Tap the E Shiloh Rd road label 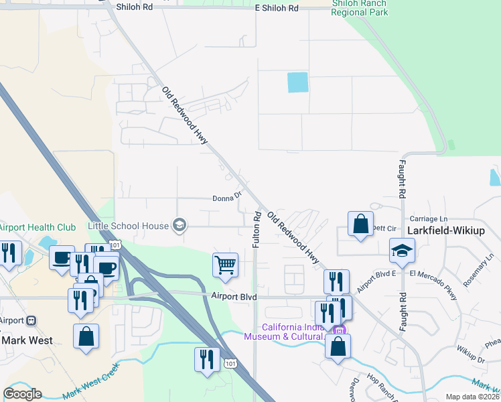[x=277, y=8]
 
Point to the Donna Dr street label [x=226, y=198]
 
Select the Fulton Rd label [x=256, y=230]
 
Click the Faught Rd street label [x=403, y=181]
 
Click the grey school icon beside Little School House [x=179, y=226]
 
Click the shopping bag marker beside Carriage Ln [x=360, y=224]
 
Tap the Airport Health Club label [x=38, y=228]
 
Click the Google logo [x=22, y=394]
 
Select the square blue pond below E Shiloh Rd [x=298, y=82]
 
